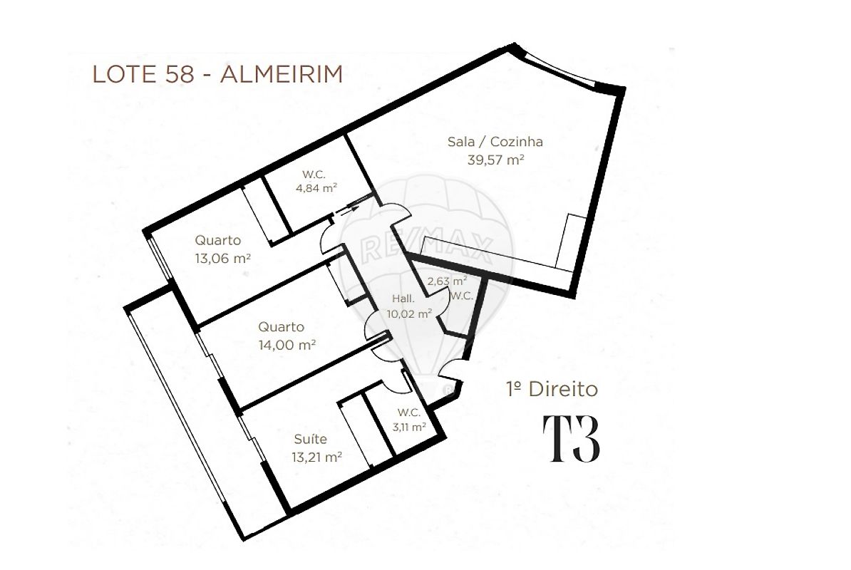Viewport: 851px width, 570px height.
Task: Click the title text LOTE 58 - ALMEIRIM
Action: [217, 74]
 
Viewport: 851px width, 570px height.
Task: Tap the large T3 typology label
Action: [572, 440]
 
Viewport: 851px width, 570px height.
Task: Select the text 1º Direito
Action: [552, 390]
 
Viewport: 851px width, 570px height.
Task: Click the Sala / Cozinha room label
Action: [495, 142]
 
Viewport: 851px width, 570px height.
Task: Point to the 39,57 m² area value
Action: [495, 160]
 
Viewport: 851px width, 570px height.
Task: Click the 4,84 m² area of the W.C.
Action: [316, 188]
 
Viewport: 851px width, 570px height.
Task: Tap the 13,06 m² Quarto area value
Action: [222, 259]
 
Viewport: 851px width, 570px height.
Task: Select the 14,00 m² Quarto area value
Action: [287, 345]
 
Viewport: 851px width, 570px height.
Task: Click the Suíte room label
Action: [311, 439]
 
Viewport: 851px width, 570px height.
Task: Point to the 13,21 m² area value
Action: [316, 457]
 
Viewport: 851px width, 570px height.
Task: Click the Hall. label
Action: [403, 299]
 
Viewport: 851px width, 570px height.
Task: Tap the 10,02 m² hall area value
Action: [409, 313]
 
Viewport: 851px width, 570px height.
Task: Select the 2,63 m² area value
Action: [447, 281]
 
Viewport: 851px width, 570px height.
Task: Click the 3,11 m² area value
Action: [409, 427]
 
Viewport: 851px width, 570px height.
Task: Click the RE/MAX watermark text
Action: [427, 249]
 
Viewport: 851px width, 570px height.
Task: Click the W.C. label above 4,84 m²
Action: [314, 175]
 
